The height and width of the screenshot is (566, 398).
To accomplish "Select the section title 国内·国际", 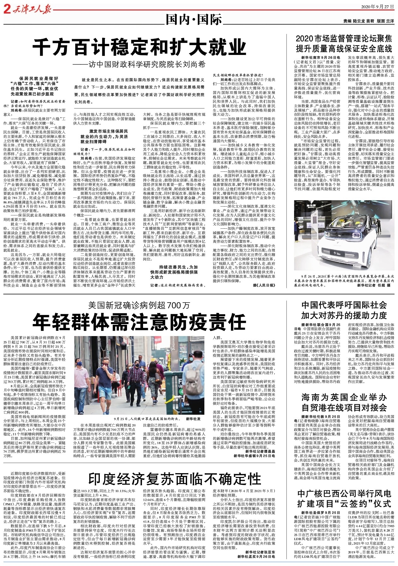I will coord(194,20).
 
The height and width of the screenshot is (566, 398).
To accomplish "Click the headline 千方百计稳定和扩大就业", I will coord(139,48).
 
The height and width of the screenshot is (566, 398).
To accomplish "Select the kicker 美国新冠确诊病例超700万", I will coord(139,305).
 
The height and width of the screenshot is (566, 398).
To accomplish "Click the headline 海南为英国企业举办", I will coord(344,397).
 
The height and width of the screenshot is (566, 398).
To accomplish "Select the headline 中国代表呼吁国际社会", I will coord(344,305).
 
